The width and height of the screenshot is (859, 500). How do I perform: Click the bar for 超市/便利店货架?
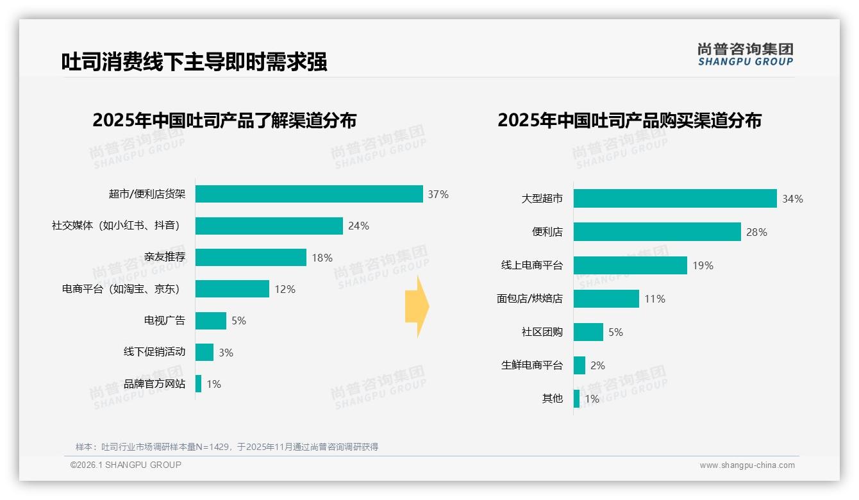click(x=309, y=194)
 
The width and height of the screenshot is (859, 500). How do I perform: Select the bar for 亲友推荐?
click(x=251, y=258)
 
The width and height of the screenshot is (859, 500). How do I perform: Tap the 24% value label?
click(x=358, y=226)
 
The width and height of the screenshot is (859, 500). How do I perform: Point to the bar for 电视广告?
click(x=211, y=321)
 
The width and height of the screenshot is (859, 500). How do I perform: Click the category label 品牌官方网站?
click(x=154, y=384)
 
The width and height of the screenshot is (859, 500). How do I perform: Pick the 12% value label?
click(x=285, y=289)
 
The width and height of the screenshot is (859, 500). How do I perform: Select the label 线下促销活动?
click(x=154, y=352)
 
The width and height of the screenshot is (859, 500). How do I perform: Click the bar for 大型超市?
click(x=675, y=199)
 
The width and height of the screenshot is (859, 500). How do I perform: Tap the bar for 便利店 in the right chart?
click(x=657, y=232)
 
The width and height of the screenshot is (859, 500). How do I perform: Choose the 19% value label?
click(x=703, y=265)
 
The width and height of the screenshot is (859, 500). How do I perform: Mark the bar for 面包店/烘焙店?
click(x=606, y=299)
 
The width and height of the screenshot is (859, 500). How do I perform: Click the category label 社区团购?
click(x=542, y=332)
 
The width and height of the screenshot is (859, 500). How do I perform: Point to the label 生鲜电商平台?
click(x=532, y=365)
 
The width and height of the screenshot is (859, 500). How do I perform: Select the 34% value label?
click(x=792, y=199)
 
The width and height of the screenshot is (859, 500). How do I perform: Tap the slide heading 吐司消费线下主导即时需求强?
click(x=194, y=62)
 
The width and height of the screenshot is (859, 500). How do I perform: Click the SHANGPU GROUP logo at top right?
click(x=745, y=54)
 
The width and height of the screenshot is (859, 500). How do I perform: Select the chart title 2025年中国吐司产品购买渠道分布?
click(x=630, y=121)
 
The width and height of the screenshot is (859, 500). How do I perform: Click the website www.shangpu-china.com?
click(x=747, y=465)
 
